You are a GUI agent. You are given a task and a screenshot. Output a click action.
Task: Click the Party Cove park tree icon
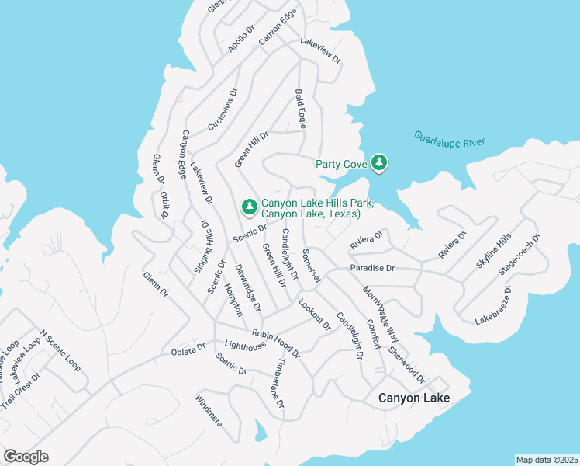379,162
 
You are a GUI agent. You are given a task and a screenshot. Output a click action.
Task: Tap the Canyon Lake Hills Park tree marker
249,207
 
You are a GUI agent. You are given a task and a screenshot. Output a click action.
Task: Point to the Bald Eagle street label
301,109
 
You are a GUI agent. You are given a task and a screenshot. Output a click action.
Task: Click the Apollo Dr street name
241,40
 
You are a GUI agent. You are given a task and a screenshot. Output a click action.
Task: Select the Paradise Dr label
372,268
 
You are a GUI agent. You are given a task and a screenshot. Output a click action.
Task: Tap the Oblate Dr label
188,350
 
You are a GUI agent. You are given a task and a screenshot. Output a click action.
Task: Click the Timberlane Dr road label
280,383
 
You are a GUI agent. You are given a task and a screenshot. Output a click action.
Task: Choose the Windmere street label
209,412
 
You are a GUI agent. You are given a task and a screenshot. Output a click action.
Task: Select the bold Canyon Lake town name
414,398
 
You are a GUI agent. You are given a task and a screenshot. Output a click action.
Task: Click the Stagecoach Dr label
520,255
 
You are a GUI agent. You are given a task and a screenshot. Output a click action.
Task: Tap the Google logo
26,457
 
